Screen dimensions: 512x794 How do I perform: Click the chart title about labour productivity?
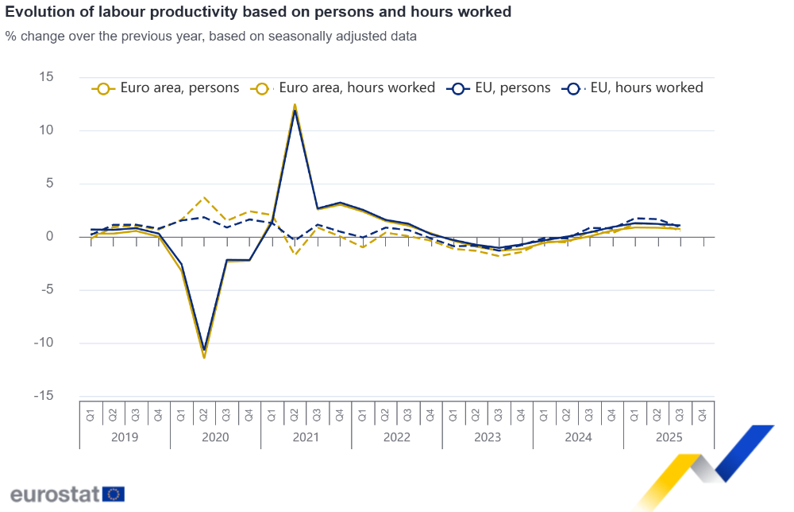point(258,12)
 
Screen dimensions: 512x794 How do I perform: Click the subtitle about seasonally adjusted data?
point(210,37)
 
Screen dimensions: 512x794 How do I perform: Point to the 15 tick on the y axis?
point(46,77)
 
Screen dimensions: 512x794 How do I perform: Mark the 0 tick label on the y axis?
point(49,237)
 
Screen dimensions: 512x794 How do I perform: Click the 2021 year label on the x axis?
point(306,437)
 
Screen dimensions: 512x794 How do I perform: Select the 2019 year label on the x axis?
point(125,437)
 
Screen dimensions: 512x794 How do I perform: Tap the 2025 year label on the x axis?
point(669,437)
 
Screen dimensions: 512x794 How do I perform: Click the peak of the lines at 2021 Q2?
point(295,106)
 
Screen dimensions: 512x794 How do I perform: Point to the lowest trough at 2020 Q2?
point(204,356)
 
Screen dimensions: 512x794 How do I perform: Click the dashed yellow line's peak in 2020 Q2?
point(204,197)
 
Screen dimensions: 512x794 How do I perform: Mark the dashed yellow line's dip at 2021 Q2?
point(295,254)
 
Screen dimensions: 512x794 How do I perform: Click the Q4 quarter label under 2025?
point(703,414)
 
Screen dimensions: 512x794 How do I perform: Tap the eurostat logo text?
point(56,494)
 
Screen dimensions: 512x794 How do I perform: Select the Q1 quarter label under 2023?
point(453,414)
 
